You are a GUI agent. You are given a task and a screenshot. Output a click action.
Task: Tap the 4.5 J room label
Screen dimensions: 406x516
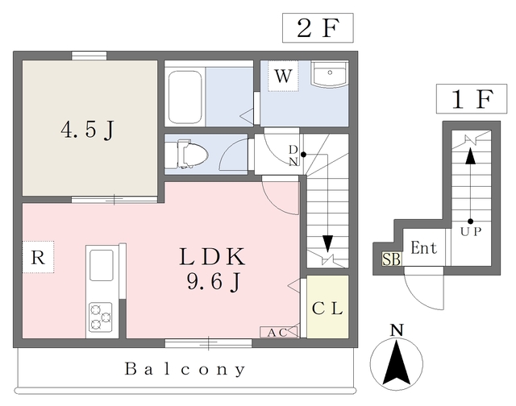(85, 130)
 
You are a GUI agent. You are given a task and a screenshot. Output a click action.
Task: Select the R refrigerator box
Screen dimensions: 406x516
(36, 259)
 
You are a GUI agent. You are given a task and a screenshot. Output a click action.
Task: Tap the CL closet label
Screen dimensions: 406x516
(327, 308)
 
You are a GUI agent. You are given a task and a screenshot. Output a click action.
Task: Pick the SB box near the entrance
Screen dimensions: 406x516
(391, 260)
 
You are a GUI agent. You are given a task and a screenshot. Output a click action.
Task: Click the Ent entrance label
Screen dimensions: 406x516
(423, 249)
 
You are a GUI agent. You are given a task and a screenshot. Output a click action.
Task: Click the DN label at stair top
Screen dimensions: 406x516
(293, 155)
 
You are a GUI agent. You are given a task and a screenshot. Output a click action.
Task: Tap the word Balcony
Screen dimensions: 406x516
(185, 370)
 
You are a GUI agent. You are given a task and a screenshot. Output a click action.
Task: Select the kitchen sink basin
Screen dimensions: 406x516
(102, 264)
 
